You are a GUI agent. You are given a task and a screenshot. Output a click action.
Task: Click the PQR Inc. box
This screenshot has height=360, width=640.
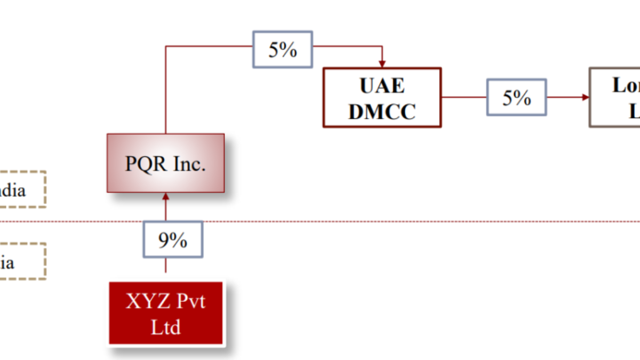(165, 163)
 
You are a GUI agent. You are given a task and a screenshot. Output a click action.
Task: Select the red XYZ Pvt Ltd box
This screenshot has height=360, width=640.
(166, 314)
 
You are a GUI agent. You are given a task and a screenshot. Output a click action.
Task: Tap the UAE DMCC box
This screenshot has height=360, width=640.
(382, 98)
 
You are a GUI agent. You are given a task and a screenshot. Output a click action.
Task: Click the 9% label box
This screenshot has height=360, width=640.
(173, 240)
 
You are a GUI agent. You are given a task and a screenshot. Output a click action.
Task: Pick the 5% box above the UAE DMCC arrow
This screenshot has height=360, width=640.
(282, 50)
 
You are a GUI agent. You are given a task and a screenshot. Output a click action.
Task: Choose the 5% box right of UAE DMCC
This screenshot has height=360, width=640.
(516, 97)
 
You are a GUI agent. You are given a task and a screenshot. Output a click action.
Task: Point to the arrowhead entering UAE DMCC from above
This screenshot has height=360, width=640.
(382, 64)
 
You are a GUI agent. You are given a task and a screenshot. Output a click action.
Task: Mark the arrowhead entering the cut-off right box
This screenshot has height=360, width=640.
(586, 97)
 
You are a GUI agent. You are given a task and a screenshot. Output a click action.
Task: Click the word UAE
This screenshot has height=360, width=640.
(382, 86)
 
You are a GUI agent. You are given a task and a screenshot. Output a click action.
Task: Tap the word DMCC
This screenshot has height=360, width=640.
(382, 111)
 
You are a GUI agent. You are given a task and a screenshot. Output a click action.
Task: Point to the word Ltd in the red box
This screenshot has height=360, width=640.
(165, 327)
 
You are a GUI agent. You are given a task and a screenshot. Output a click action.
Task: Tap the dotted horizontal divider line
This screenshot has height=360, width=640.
(373, 221)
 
